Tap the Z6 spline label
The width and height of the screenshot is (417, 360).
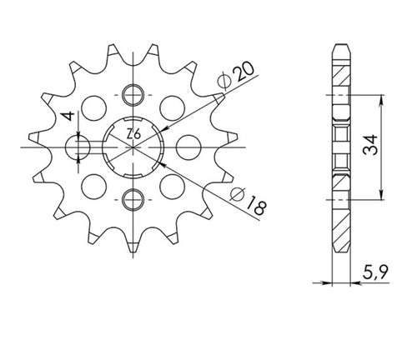(133, 135)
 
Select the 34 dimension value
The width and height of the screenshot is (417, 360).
(370, 144)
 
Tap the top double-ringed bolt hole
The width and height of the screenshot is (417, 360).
(133, 95)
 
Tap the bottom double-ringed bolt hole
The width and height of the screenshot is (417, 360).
(133, 199)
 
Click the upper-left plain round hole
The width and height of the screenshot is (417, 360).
(94, 108)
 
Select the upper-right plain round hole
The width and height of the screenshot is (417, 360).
(173, 108)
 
